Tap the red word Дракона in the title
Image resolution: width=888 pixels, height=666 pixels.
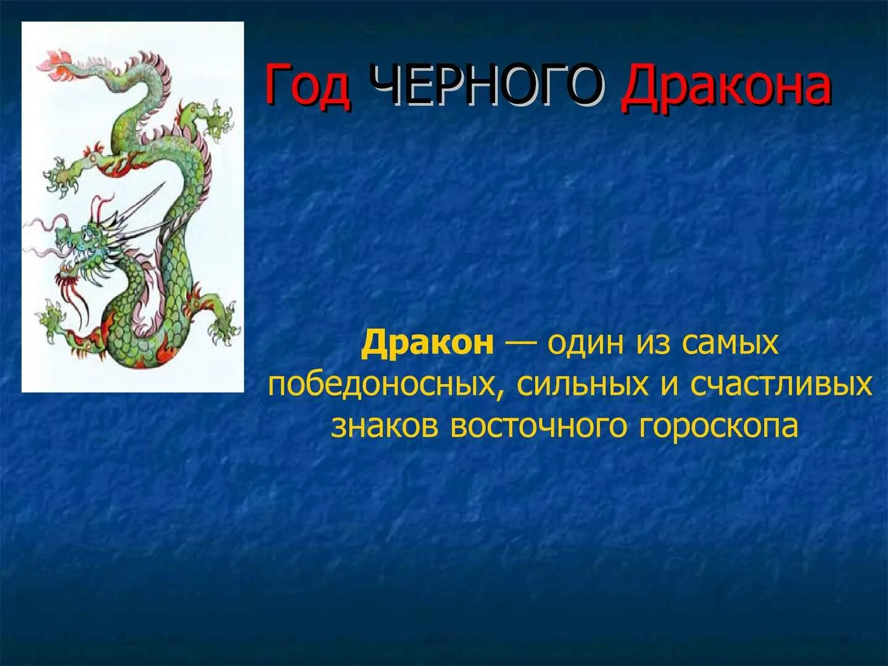pyautogui.click(x=726, y=86)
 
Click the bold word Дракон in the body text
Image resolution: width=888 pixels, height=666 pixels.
pyautogui.click(x=427, y=343)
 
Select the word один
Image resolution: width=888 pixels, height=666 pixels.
pyautogui.click(x=586, y=343)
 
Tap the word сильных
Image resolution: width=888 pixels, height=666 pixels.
pyautogui.click(x=582, y=384)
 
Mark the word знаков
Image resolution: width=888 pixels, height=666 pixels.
pyautogui.click(x=385, y=426)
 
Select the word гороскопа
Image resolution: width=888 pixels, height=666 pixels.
pyautogui.click(x=718, y=426)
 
